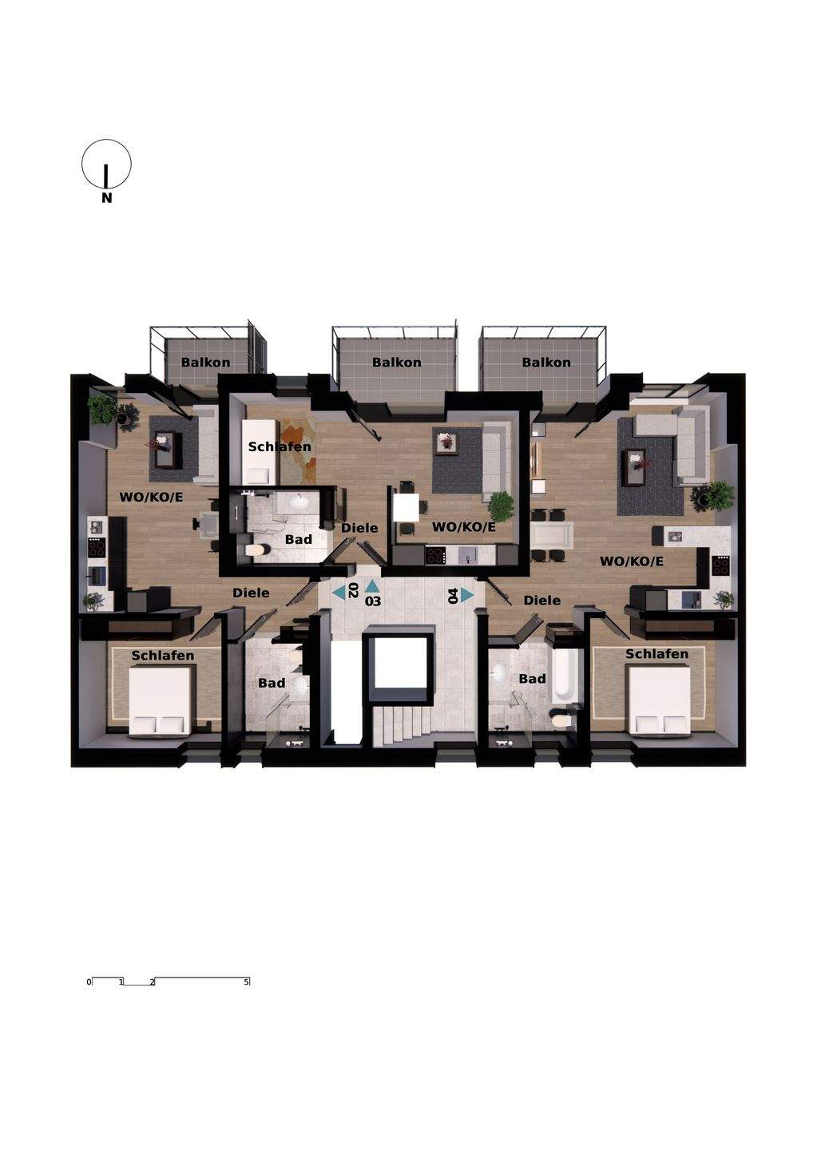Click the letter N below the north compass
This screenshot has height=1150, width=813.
tap(107, 198)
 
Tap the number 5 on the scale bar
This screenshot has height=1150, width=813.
tap(247, 981)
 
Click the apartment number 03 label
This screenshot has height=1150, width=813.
tap(373, 601)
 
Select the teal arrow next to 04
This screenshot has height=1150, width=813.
tap(467, 595)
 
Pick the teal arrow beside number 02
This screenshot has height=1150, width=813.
tap(339, 593)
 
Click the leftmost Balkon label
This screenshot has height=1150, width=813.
tap(205, 363)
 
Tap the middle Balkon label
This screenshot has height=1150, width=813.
tap(397, 363)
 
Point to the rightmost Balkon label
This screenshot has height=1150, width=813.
tap(546, 363)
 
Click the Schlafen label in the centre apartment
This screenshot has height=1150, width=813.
tap(280, 446)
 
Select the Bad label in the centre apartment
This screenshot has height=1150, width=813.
tap(299, 540)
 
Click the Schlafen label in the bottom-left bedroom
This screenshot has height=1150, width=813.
tap(163, 656)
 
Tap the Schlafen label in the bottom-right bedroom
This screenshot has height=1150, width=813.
tap(656, 654)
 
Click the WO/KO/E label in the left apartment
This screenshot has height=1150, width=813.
tap(151, 497)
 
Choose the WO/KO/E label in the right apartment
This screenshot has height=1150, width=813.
tap(631, 561)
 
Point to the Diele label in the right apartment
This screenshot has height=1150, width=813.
tap(542, 601)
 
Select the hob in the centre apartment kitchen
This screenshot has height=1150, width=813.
tap(436, 555)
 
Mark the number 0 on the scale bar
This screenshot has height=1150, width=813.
tap(89, 982)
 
